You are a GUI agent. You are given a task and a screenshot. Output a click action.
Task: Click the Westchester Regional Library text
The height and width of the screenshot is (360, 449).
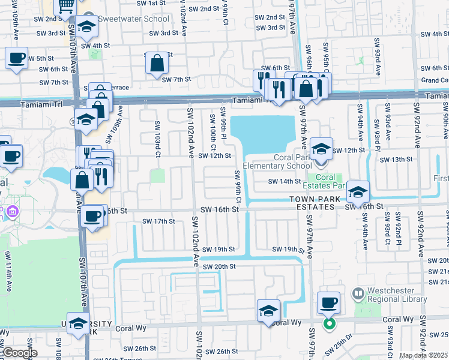pyautogui.click(x=399, y=295)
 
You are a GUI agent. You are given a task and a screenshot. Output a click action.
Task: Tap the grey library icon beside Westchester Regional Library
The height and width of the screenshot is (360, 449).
pyautogui.click(x=358, y=294)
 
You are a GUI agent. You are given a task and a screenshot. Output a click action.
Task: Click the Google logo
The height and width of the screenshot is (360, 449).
pyautogui.click(x=19, y=353)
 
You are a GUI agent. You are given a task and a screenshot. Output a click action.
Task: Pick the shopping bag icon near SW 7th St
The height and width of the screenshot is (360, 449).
pyautogui.click(x=157, y=62)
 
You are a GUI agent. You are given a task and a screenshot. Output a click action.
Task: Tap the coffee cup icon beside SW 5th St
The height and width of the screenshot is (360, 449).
pyautogui.click(x=16, y=58)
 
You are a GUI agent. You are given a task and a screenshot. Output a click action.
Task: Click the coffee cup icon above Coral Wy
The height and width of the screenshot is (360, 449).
pyautogui.click(x=328, y=302)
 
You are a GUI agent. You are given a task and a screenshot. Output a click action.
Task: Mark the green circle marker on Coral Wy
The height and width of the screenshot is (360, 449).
pyautogui.click(x=329, y=324)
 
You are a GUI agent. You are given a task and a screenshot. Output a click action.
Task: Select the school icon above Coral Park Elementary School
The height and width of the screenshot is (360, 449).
pyautogui.click(x=321, y=148)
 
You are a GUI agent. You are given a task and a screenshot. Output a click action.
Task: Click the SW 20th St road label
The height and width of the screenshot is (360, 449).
pyautogui.click(x=219, y=266)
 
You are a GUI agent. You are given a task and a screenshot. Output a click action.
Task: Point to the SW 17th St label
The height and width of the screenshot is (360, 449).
pyautogui.click(x=158, y=221)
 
